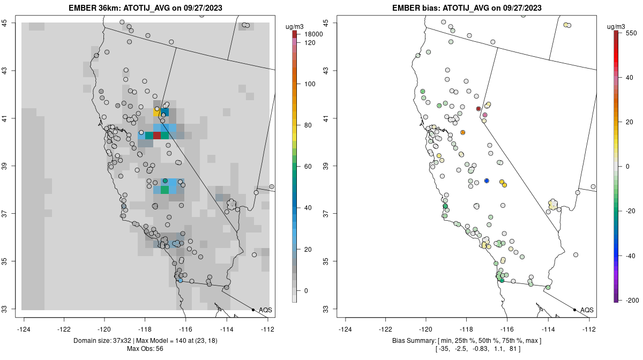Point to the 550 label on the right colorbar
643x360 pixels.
click(x=631, y=32)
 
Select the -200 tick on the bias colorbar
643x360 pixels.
click(x=632, y=299)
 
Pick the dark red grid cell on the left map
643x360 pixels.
click(x=156, y=136)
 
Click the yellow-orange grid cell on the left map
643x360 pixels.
click(x=156, y=112)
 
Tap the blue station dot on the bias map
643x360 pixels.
click(x=487, y=181)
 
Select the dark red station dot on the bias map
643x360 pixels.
click(x=478, y=109)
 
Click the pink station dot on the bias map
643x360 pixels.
click(x=485, y=115)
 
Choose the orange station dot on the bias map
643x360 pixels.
click(x=463, y=132)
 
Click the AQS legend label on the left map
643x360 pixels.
click(x=265, y=310)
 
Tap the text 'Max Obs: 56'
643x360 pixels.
click(x=145, y=349)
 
